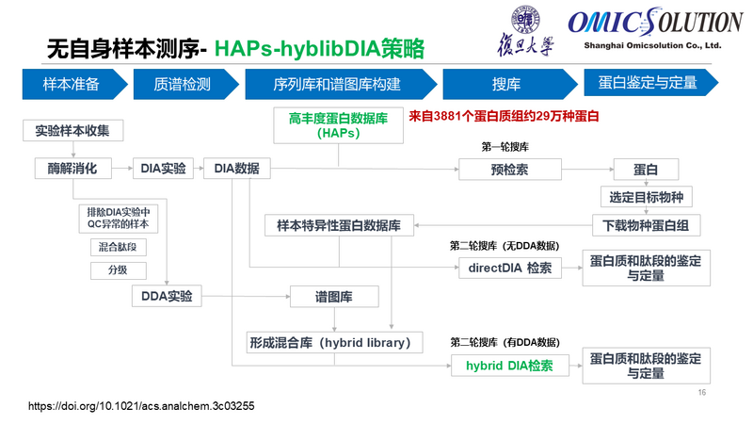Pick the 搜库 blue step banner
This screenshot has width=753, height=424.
505,84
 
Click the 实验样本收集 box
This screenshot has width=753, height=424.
72,131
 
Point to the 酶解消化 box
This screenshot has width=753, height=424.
72,169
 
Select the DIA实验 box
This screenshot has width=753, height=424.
164,169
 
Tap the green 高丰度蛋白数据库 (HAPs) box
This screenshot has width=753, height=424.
338,125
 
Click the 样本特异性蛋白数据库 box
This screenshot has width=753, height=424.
338,226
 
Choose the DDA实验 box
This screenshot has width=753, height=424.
167,296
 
